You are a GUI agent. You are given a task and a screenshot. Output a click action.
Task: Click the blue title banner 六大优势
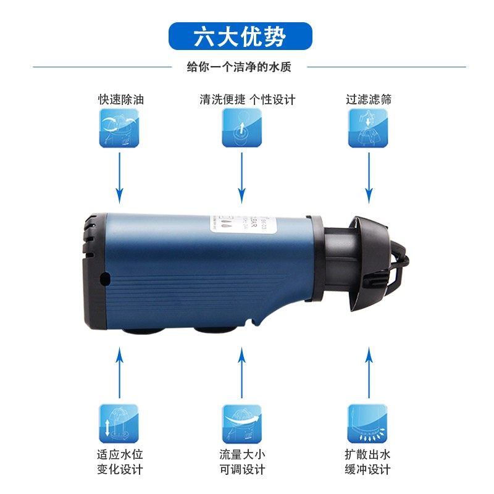(x=240, y=36)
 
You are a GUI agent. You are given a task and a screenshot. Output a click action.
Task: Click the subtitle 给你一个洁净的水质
(x=239, y=67)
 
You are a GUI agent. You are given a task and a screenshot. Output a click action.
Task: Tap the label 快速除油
(x=120, y=99)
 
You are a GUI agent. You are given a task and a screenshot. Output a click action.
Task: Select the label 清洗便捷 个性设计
(x=247, y=99)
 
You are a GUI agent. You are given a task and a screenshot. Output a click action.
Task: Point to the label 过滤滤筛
(x=369, y=99)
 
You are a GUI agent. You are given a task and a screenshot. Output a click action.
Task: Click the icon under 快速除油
(x=119, y=128)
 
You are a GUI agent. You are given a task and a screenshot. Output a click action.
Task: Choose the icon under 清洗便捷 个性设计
(x=241, y=128)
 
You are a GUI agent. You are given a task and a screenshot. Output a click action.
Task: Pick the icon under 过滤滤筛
(x=368, y=128)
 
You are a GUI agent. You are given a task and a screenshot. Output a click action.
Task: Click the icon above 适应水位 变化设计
(x=119, y=424)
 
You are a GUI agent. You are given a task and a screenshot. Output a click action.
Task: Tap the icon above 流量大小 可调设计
(x=241, y=424)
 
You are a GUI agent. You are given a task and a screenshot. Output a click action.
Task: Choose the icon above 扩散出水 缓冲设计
(x=367, y=424)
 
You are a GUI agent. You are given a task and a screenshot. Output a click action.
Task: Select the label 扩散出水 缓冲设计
(x=368, y=462)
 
